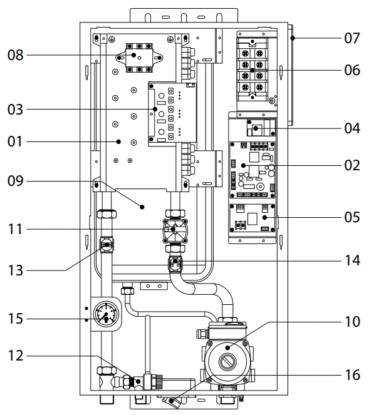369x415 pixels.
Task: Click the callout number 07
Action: pyautogui.click(x=352, y=38)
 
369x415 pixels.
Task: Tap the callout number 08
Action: pyautogui.click(x=16, y=55)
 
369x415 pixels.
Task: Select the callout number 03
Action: pyautogui.click(x=16, y=110)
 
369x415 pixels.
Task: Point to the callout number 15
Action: pyautogui.click(x=16, y=319)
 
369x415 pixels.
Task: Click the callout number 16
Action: pyautogui.click(x=352, y=375)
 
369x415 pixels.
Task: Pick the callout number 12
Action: pyautogui.click(x=16, y=356)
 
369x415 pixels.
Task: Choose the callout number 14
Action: pyautogui.click(x=352, y=260)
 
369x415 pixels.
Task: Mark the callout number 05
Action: pyautogui.click(x=352, y=217)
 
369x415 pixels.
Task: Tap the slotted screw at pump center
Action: pyautogui.click(x=227, y=362)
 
